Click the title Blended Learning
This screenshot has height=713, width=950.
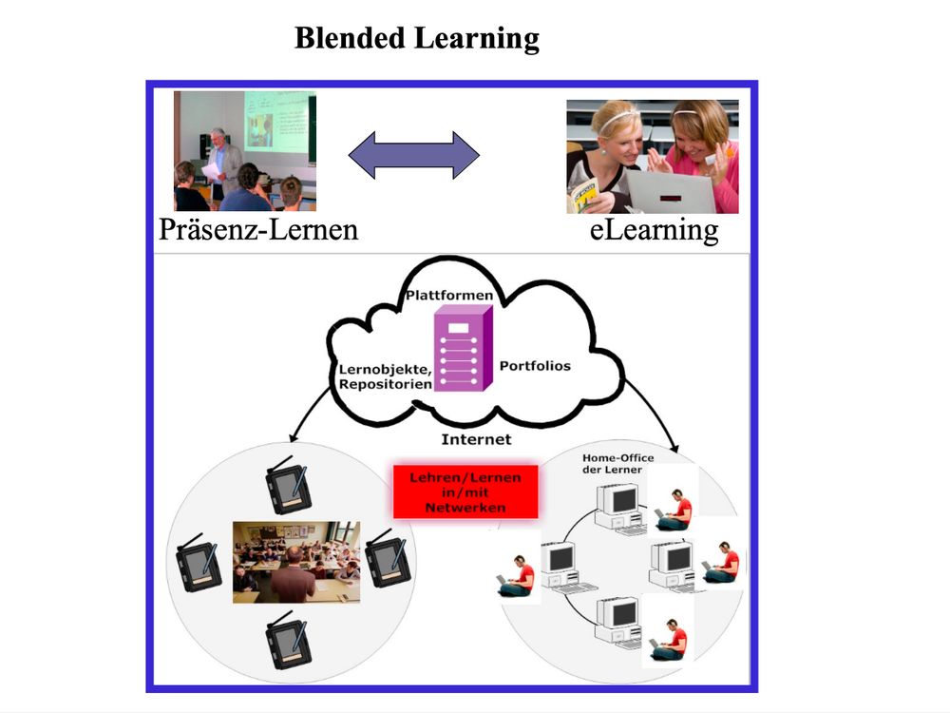coord(416,39)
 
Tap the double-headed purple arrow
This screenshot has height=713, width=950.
coord(414,154)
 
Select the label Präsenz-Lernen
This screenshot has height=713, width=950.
coord(258,230)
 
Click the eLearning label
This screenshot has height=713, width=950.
coord(654,230)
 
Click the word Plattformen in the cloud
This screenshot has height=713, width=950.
coord(449,296)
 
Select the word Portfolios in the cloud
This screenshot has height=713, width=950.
coord(535,365)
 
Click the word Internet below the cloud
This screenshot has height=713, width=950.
coord(476,439)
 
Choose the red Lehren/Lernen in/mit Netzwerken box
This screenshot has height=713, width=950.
coord(465,491)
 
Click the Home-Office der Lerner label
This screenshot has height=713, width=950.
coord(617,464)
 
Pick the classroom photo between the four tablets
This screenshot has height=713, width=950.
coord(296,561)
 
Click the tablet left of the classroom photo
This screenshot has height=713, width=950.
coord(200,563)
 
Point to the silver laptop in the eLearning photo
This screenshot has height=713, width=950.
coord(670,190)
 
